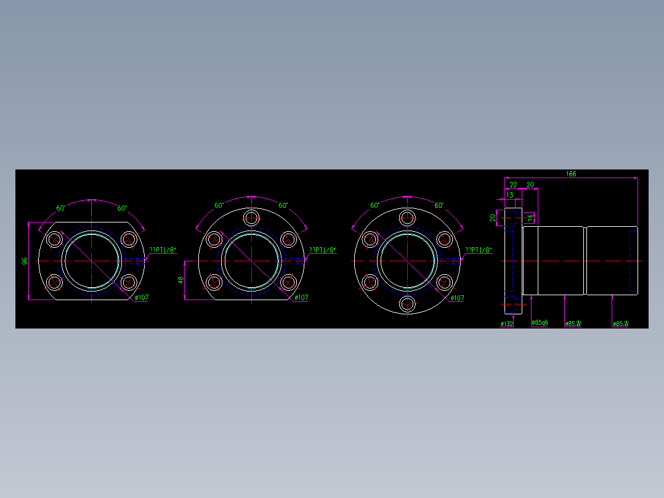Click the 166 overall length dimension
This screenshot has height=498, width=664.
(571, 174)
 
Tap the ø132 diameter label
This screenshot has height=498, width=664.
(507, 323)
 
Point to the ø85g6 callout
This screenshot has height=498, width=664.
(540, 322)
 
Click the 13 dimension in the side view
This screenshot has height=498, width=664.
(509, 195)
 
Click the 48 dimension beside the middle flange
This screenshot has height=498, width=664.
(181, 280)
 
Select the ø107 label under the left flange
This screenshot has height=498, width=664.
(142, 298)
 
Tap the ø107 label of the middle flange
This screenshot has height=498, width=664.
(301, 298)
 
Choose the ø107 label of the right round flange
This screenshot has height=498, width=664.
(457, 298)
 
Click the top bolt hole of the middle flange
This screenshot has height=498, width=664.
(251, 217)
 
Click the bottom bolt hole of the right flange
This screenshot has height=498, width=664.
(407, 304)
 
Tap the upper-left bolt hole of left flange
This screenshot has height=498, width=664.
(55, 239)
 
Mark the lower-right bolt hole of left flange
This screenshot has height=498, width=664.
(128, 283)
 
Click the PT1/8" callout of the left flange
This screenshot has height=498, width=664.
(163, 250)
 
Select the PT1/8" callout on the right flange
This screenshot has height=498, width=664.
(478, 250)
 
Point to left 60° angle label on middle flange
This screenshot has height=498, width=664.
(219, 206)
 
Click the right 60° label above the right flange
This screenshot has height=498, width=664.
(439, 206)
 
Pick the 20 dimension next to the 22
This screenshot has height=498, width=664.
(530, 184)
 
